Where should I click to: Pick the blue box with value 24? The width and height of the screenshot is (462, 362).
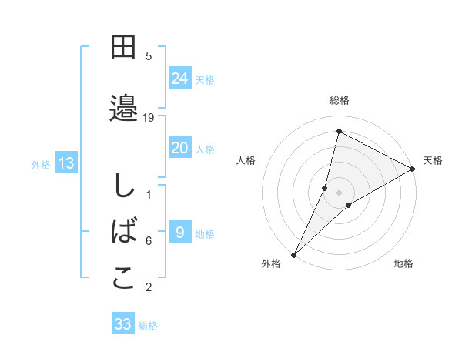(x=179, y=79)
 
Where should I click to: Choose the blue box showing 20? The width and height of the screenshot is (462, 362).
(x=179, y=148)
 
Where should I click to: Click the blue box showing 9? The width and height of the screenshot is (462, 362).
(x=179, y=233)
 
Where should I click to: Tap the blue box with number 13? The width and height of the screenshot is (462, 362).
(x=65, y=163)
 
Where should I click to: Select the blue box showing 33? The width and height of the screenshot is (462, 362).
(x=123, y=324)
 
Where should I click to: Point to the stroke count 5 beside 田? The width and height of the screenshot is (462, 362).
(x=149, y=56)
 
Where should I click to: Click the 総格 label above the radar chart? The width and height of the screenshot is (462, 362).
(x=340, y=100)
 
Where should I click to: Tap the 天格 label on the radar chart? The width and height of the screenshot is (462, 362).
(x=433, y=160)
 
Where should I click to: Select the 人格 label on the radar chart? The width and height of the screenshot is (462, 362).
(x=246, y=160)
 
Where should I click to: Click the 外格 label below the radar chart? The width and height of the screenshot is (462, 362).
(x=271, y=263)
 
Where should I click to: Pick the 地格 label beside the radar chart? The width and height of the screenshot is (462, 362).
(x=403, y=263)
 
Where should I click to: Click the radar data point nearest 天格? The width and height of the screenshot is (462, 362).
(x=413, y=169)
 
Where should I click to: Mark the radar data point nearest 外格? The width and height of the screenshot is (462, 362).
(x=293, y=254)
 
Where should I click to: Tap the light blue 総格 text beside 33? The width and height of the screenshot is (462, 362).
(x=148, y=326)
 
